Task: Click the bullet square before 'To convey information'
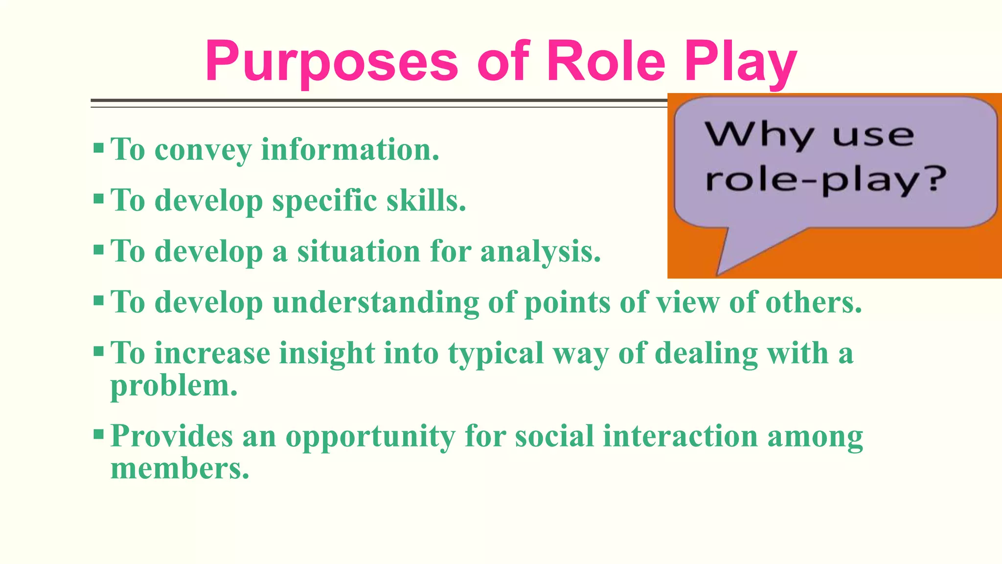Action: point(98,148)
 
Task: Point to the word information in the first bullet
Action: point(350,149)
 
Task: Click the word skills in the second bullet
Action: point(426,200)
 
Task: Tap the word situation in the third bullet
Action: point(359,251)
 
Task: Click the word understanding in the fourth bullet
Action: point(376,303)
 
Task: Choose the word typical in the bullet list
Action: point(496,354)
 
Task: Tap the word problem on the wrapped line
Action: point(174,387)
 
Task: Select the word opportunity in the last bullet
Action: point(370,437)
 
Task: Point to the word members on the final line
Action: point(180,469)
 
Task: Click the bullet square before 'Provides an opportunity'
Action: point(98,434)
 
